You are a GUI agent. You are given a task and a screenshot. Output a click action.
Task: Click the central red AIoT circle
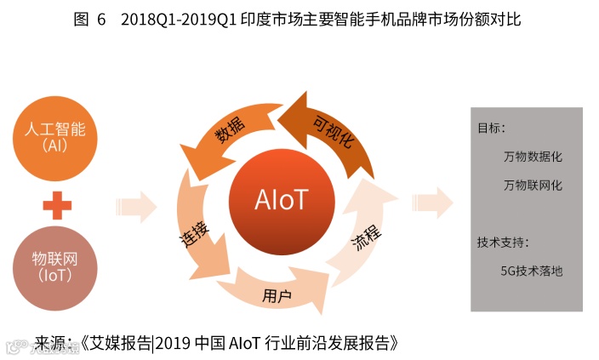point(281,199)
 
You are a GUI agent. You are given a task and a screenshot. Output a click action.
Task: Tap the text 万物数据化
point(533,157)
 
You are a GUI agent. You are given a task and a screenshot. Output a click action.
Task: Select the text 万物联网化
point(533,185)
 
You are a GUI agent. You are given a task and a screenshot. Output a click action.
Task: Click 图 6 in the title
point(89,20)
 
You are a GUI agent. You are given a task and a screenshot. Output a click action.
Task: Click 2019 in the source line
point(174,343)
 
